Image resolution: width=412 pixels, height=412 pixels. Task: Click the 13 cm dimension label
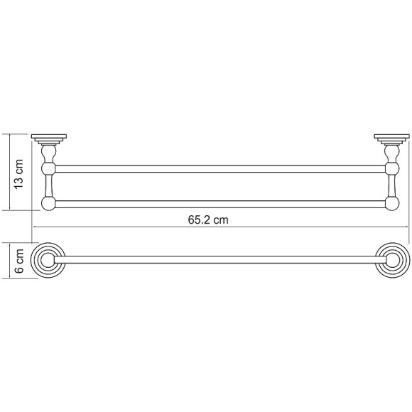[19, 174]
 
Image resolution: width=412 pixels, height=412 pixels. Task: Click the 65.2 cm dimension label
[208, 219]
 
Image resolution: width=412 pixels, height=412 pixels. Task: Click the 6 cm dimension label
[19, 261]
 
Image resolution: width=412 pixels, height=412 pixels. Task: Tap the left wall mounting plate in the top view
[49, 139]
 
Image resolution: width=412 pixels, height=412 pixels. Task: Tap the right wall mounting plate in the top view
[392, 139]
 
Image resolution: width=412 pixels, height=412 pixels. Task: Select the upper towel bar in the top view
[220, 169]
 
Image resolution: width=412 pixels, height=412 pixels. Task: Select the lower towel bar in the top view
[220, 204]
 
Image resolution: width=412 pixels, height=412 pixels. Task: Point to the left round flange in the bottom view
[48, 260]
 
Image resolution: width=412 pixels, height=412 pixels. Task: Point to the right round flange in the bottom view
[392, 260]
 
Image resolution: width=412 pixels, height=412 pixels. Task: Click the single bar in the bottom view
[220, 260]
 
